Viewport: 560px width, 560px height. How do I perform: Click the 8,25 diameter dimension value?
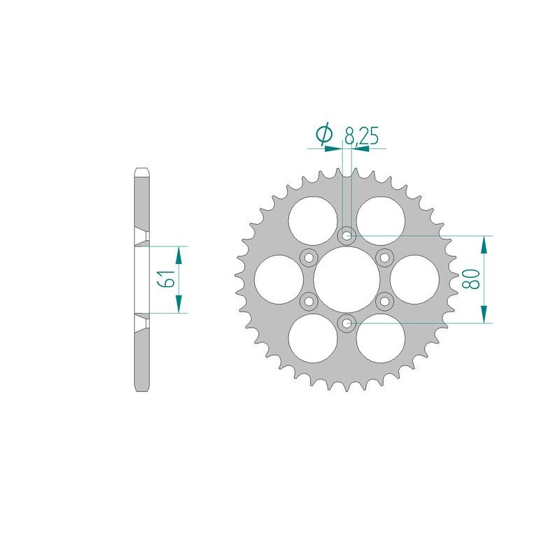click(361, 135)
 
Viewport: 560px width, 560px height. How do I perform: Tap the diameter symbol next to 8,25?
click(324, 134)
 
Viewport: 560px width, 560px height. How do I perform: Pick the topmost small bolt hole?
click(346, 236)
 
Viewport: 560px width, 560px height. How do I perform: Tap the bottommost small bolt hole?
click(346, 323)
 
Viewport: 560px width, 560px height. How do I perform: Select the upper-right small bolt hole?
click(384, 258)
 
